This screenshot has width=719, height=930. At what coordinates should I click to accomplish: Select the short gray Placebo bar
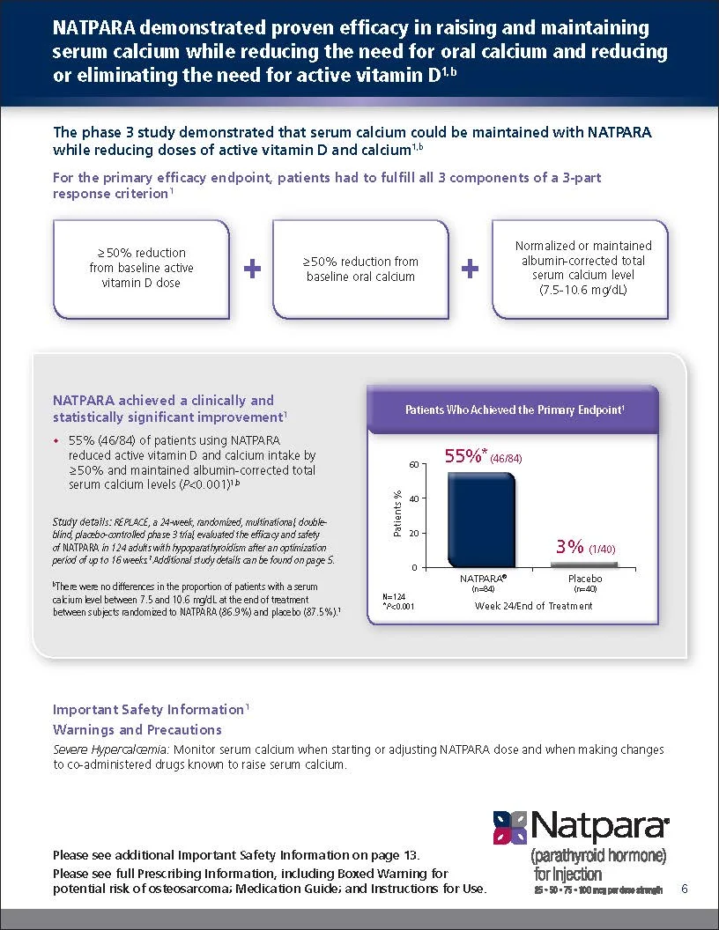pyautogui.click(x=585, y=564)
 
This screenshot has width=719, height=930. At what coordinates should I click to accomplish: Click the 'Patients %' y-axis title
pyautogui.click(x=397, y=514)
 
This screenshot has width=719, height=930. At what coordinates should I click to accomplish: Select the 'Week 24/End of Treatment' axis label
pyautogui.click(x=534, y=606)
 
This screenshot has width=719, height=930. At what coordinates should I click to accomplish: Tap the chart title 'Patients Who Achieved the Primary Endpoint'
pyautogui.click(x=515, y=410)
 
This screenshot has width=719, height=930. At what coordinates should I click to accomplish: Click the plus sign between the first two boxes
pyautogui.click(x=252, y=269)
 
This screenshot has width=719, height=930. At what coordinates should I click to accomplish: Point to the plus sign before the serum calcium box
pyautogui.click(x=471, y=269)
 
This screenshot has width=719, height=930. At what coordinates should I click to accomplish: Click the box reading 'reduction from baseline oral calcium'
pyautogui.click(x=360, y=269)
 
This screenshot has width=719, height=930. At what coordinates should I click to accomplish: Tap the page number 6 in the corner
pyautogui.click(x=685, y=889)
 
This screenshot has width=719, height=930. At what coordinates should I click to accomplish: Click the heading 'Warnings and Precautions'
pyautogui.click(x=137, y=730)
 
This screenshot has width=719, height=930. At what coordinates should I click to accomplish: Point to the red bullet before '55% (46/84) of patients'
pyautogui.click(x=56, y=440)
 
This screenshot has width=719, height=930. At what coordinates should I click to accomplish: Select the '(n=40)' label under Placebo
pyautogui.click(x=585, y=588)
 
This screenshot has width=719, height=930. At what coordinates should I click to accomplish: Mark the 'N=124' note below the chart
pyautogui.click(x=393, y=596)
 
